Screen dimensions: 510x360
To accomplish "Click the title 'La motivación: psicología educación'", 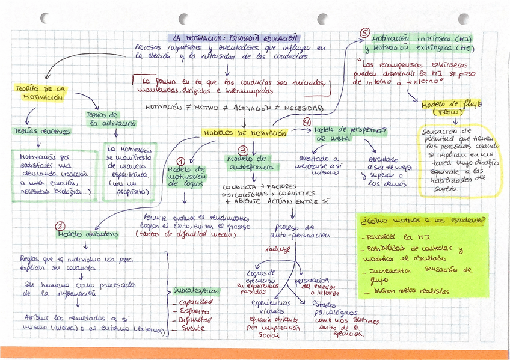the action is (235, 37).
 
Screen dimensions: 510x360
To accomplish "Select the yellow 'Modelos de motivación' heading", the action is (244, 133).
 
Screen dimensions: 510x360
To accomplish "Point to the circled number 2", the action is (60, 227).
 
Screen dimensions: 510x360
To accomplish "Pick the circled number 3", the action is (242, 150).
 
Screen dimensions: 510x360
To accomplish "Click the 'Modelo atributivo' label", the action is (91, 234).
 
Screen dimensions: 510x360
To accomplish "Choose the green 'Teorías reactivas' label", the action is (42, 131).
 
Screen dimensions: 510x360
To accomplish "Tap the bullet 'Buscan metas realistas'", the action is (409, 291).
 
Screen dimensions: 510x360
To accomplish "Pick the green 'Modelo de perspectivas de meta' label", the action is (349, 133).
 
